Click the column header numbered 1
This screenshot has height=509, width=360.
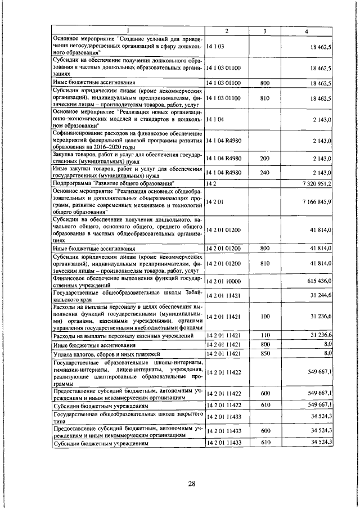click(128, 31)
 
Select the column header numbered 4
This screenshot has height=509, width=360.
click(305, 31)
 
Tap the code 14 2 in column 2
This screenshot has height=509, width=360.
click(212, 183)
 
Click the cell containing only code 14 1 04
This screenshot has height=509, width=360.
click(215, 120)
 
